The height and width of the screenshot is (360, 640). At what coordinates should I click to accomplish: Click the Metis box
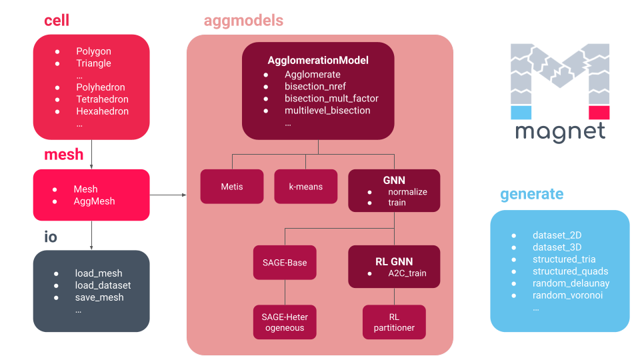coord(232,187)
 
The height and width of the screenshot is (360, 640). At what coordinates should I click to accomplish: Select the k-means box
coord(306,187)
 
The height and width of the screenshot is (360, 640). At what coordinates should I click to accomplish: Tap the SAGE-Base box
coord(285,263)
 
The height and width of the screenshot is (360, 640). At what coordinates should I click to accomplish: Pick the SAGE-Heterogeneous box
coord(285,322)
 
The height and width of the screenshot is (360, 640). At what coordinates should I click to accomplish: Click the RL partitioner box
coord(394,322)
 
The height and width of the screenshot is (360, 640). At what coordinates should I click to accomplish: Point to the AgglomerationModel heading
coord(318,61)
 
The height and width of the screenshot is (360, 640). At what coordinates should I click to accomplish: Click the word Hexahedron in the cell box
coord(103,111)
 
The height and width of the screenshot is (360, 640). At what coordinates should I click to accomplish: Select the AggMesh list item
coord(94,201)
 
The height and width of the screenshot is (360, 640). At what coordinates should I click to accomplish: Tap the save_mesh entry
coord(99,297)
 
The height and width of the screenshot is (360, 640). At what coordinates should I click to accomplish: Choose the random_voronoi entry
coord(568,295)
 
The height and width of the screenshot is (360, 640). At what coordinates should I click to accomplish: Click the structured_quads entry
coord(571,271)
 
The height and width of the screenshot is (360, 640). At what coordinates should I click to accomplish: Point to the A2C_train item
coord(407,273)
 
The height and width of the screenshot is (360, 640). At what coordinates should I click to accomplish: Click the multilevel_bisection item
coord(327,110)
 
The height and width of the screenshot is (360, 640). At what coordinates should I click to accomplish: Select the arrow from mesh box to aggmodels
coord(168,195)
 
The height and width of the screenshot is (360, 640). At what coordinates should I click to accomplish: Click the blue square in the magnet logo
coord(521,113)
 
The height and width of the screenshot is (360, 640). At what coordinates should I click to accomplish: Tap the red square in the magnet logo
coord(599,113)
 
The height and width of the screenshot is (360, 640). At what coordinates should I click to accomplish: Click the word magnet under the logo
coord(561,132)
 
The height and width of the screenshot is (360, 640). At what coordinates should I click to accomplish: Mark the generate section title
coord(532,194)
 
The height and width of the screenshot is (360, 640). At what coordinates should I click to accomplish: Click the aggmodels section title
coord(243,21)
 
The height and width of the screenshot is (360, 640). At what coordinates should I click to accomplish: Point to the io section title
coord(51,237)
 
